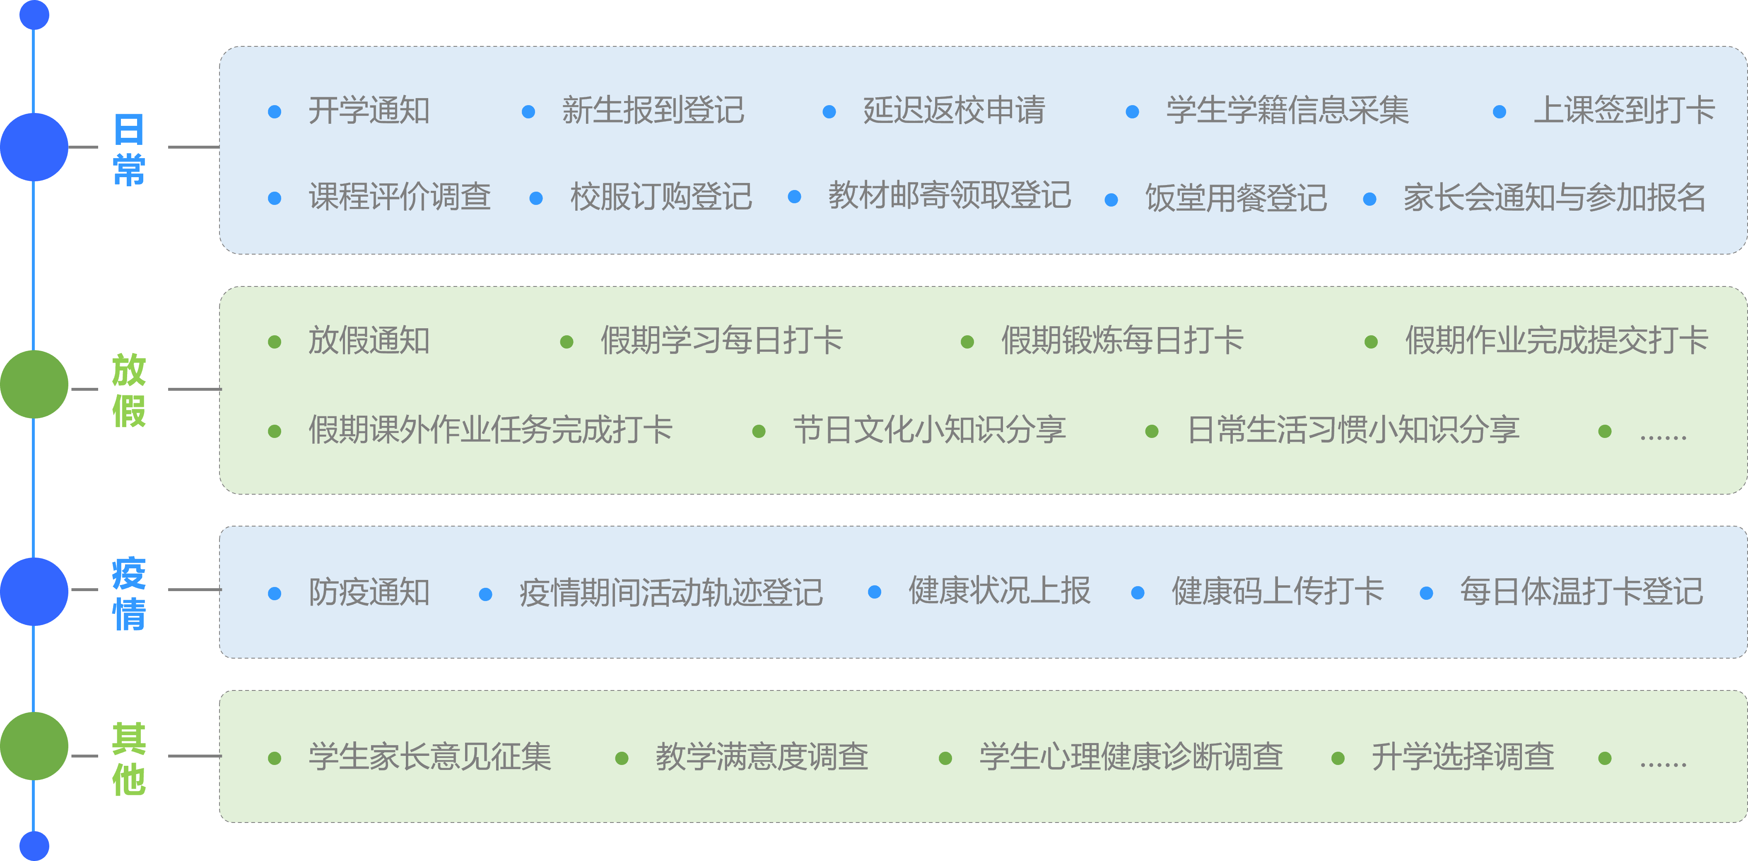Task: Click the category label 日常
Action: tap(129, 149)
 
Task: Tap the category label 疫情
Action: tap(129, 593)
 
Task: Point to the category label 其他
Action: tap(129, 758)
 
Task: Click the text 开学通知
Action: tap(369, 111)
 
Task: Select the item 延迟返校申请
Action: tap(954, 111)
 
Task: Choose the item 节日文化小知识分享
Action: tap(930, 430)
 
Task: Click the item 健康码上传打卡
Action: tap(1278, 591)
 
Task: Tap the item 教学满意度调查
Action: tap(762, 757)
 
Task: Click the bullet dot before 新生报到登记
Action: tap(528, 112)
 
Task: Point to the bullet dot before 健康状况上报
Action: tap(875, 592)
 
